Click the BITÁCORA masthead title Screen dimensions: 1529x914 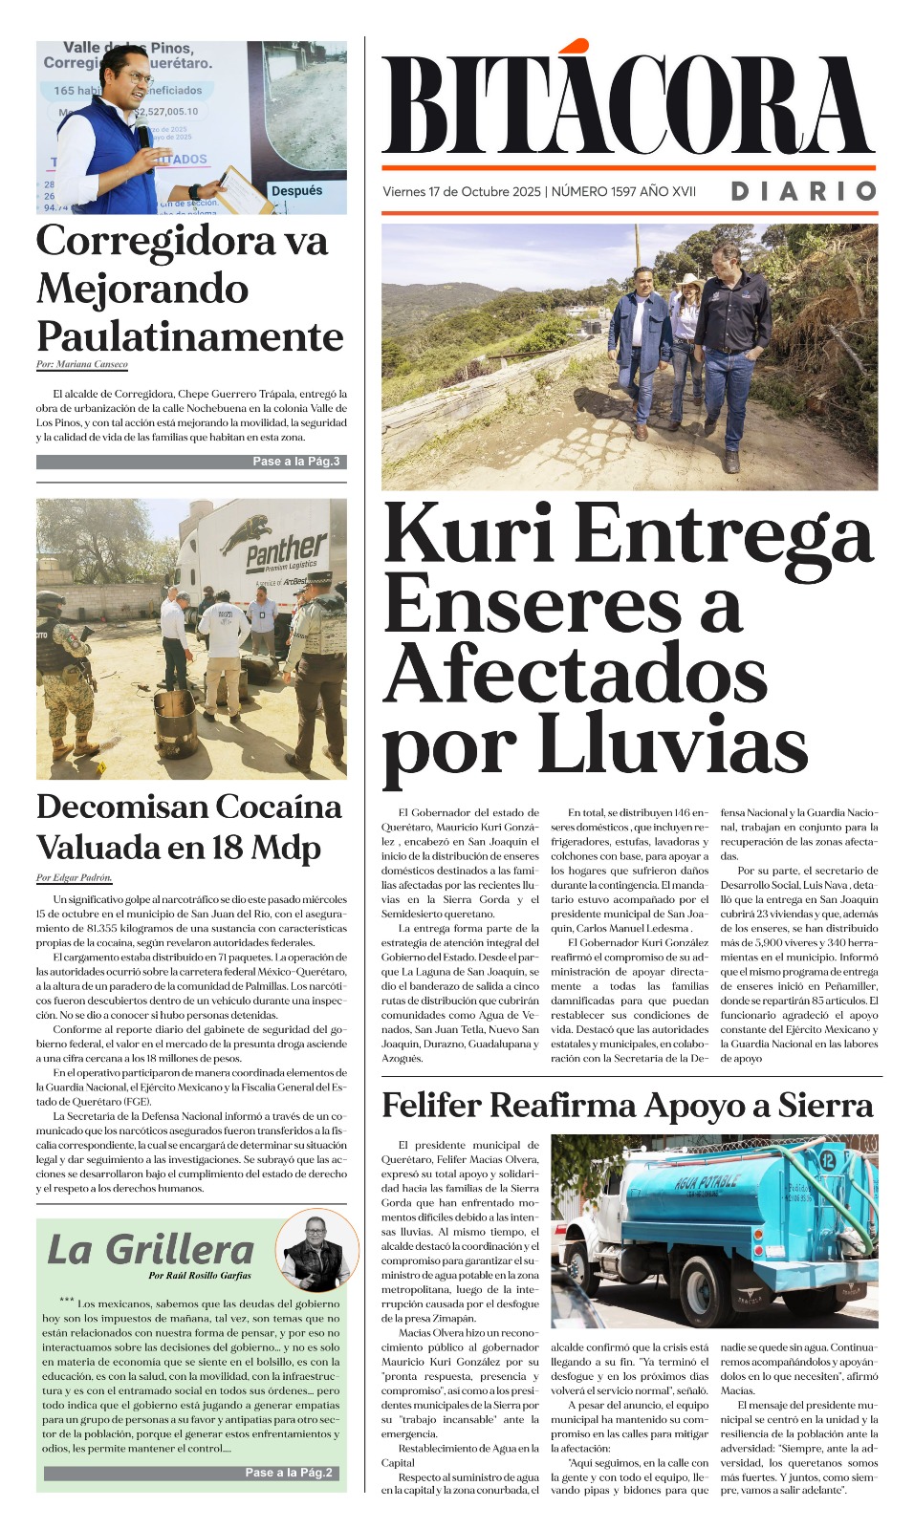click(628, 103)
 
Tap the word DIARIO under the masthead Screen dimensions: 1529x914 click(803, 191)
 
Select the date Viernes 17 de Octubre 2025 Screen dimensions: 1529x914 click(462, 192)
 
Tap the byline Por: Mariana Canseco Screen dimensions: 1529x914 click(82, 364)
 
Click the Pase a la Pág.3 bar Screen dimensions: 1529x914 click(191, 462)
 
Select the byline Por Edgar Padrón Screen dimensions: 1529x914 click(75, 877)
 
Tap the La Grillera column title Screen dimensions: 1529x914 click(151, 1249)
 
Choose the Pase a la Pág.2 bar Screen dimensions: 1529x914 click(191, 1473)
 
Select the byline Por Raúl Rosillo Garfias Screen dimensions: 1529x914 click(200, 1276)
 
